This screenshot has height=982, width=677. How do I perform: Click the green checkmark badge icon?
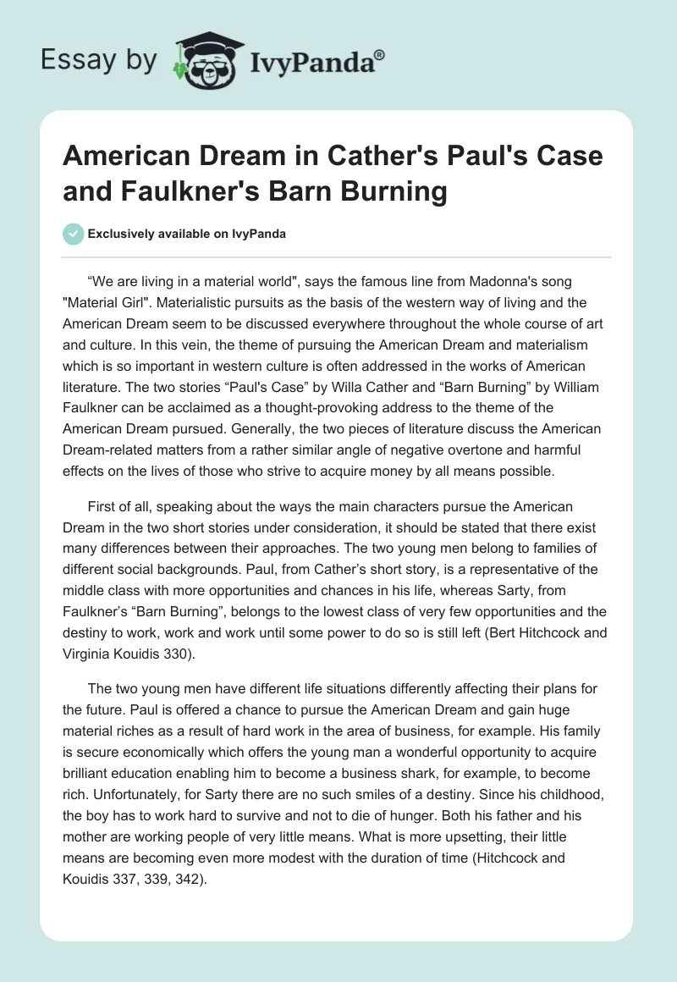(x=74, y=234)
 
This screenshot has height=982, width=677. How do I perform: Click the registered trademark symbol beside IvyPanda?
(x=380, y=54)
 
